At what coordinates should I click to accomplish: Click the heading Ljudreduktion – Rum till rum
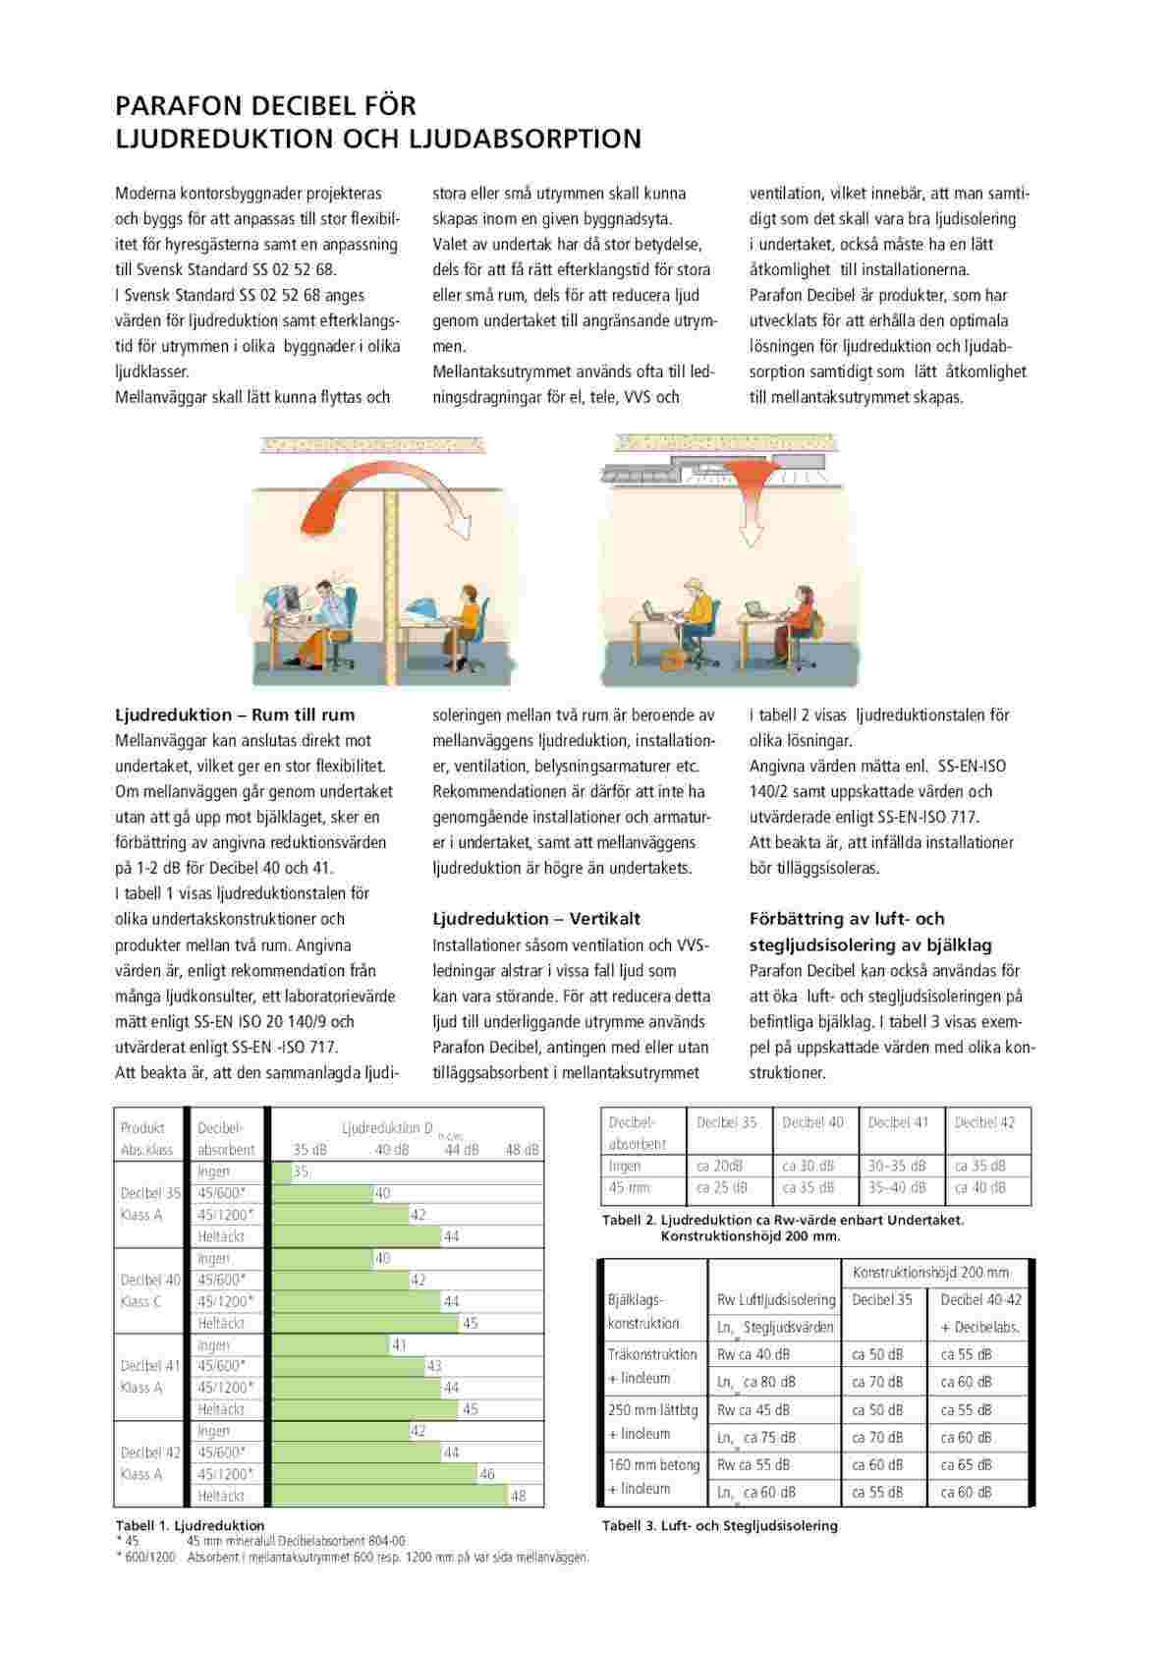(x=235, y=714)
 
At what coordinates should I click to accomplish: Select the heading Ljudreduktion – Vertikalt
(x=536, y=919)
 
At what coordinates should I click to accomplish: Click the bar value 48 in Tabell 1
(x=519, y=1496)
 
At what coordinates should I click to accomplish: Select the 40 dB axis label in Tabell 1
(x=392, y=1149)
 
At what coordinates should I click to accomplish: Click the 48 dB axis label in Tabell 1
(x=522, y=1149)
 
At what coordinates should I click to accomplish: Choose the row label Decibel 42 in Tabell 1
(x=150, y=1453)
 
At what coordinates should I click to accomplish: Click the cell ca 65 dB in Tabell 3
(x=967, y=1464)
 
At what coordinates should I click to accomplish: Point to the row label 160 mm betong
(x=653, y=1464)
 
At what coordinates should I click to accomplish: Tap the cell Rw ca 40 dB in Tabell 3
(x=753, y=1354)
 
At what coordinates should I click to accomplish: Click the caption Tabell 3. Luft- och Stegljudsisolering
(x=719, y=1526)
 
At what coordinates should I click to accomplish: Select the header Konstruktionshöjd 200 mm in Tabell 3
(x=930, y=1272)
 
